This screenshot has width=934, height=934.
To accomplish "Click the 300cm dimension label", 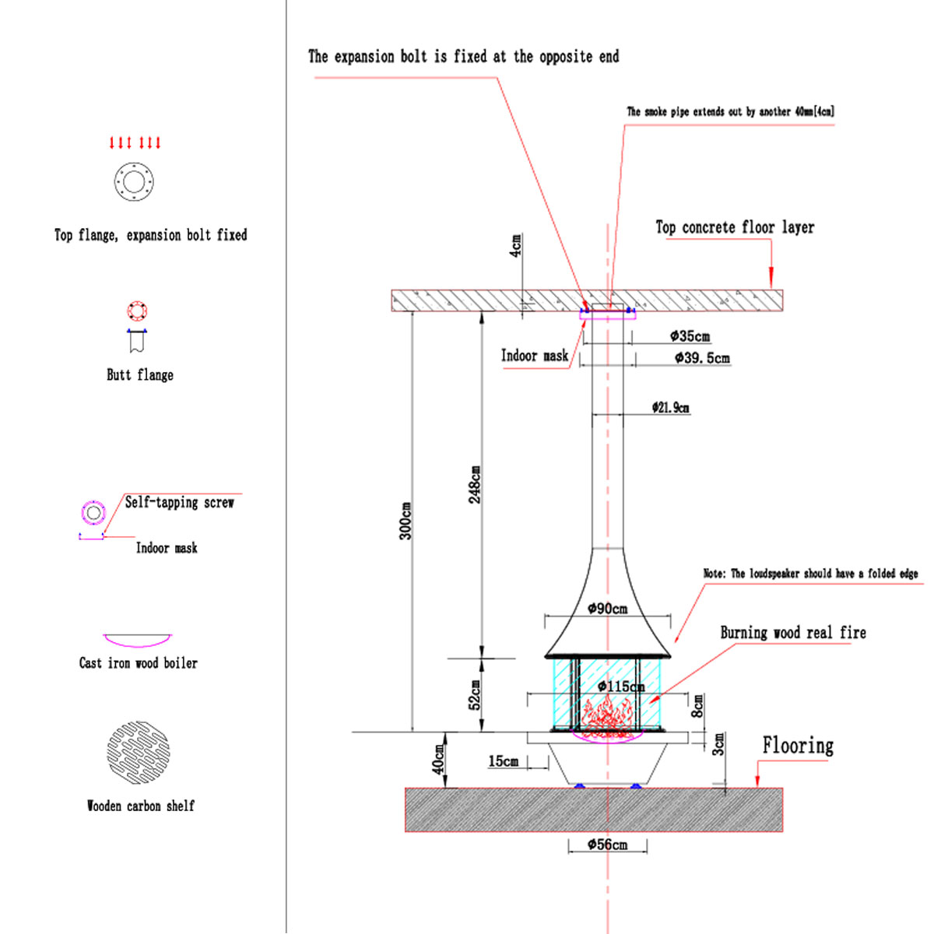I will coord(406,521).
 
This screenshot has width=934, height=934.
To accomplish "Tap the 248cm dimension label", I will coord(475,484).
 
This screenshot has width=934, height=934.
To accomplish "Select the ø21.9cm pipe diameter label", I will coord(670,407).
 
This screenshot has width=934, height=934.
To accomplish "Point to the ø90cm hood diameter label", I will coord(607,609).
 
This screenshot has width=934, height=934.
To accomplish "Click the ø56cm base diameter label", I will coord(607,844).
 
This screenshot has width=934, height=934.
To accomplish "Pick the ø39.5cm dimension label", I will coord(702,358).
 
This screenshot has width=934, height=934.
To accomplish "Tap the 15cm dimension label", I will coord(503,761).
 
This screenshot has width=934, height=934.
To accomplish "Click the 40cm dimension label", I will coord(438,759).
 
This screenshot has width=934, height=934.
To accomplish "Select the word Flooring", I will coord(798,746).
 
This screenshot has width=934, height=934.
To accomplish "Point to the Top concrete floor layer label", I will coord(735,227).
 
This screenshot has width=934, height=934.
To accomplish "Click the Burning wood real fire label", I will coord(792,633).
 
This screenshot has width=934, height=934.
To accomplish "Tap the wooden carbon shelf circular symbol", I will coord(138,752).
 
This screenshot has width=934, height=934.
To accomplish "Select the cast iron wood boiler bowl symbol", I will coord(138,640).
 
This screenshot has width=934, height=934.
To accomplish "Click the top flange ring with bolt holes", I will coord(134,182).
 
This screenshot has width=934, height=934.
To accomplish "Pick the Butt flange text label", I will coord(140,375).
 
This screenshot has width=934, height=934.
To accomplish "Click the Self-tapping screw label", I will coord(179,503).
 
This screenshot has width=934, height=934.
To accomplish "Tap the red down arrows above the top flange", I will coord(135,142).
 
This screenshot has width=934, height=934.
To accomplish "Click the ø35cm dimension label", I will coord(690,336).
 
